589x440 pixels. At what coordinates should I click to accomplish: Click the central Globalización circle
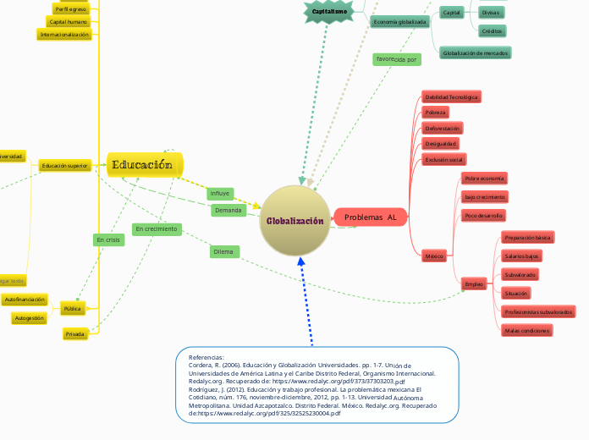tap(294, 221)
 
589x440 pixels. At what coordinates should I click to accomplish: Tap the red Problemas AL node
tap(371, 217)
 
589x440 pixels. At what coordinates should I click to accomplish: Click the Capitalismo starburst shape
tap(328, 12)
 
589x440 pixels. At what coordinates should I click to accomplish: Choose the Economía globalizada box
tap(399, 22)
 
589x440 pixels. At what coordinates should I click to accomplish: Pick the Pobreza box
tap(436, 113)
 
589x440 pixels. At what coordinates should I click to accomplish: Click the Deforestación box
tap(443, 128)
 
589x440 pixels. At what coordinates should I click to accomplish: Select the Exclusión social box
tap(444, 159)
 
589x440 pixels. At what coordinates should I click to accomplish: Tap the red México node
tap(434, 255)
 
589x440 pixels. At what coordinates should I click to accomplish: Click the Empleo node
tap(474, 284)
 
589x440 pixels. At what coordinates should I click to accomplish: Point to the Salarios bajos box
tap(522, 256)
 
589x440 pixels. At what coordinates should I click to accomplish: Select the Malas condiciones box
tap(526, 330)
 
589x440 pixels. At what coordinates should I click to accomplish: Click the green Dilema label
tap(224, 251)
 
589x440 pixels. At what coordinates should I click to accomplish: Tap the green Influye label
tap(220, 194)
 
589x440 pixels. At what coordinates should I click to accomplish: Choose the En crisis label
tap(109, 240)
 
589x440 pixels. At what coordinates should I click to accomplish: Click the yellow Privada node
tap(74, 334)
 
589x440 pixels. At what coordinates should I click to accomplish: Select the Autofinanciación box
tap(25, 300)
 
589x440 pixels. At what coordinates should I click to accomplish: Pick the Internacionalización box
tap(65, 35)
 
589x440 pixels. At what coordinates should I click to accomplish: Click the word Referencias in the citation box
tap(206, 357)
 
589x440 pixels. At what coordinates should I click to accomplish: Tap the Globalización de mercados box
tap(474, 52)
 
